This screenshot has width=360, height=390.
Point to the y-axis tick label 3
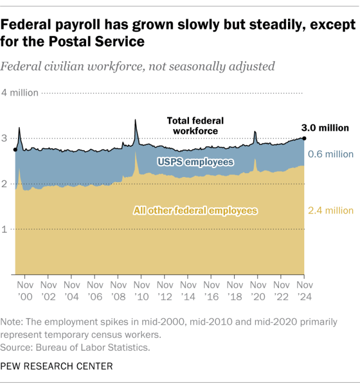(5, 138)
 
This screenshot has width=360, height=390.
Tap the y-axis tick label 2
(5, 184)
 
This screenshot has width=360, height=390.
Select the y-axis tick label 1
(5, 229)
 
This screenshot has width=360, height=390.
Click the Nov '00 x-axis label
(25, 291)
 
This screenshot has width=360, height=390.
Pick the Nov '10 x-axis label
(141, 291)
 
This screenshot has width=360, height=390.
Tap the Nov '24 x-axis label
(304, 291)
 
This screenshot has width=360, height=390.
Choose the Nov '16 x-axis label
(211, 291)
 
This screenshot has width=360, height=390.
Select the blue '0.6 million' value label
(331, 154)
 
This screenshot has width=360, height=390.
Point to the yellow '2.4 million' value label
(331, 211)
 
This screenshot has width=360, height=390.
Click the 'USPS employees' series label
(195, 162)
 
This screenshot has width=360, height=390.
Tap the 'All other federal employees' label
(195, 211)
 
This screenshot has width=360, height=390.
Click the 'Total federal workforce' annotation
(195, 126)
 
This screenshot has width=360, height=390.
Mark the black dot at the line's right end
(304, 138)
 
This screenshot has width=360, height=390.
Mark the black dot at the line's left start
(15, 149)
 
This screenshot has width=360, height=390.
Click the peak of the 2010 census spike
(136, 120)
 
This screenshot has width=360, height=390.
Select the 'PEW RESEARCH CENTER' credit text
(56, 366)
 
